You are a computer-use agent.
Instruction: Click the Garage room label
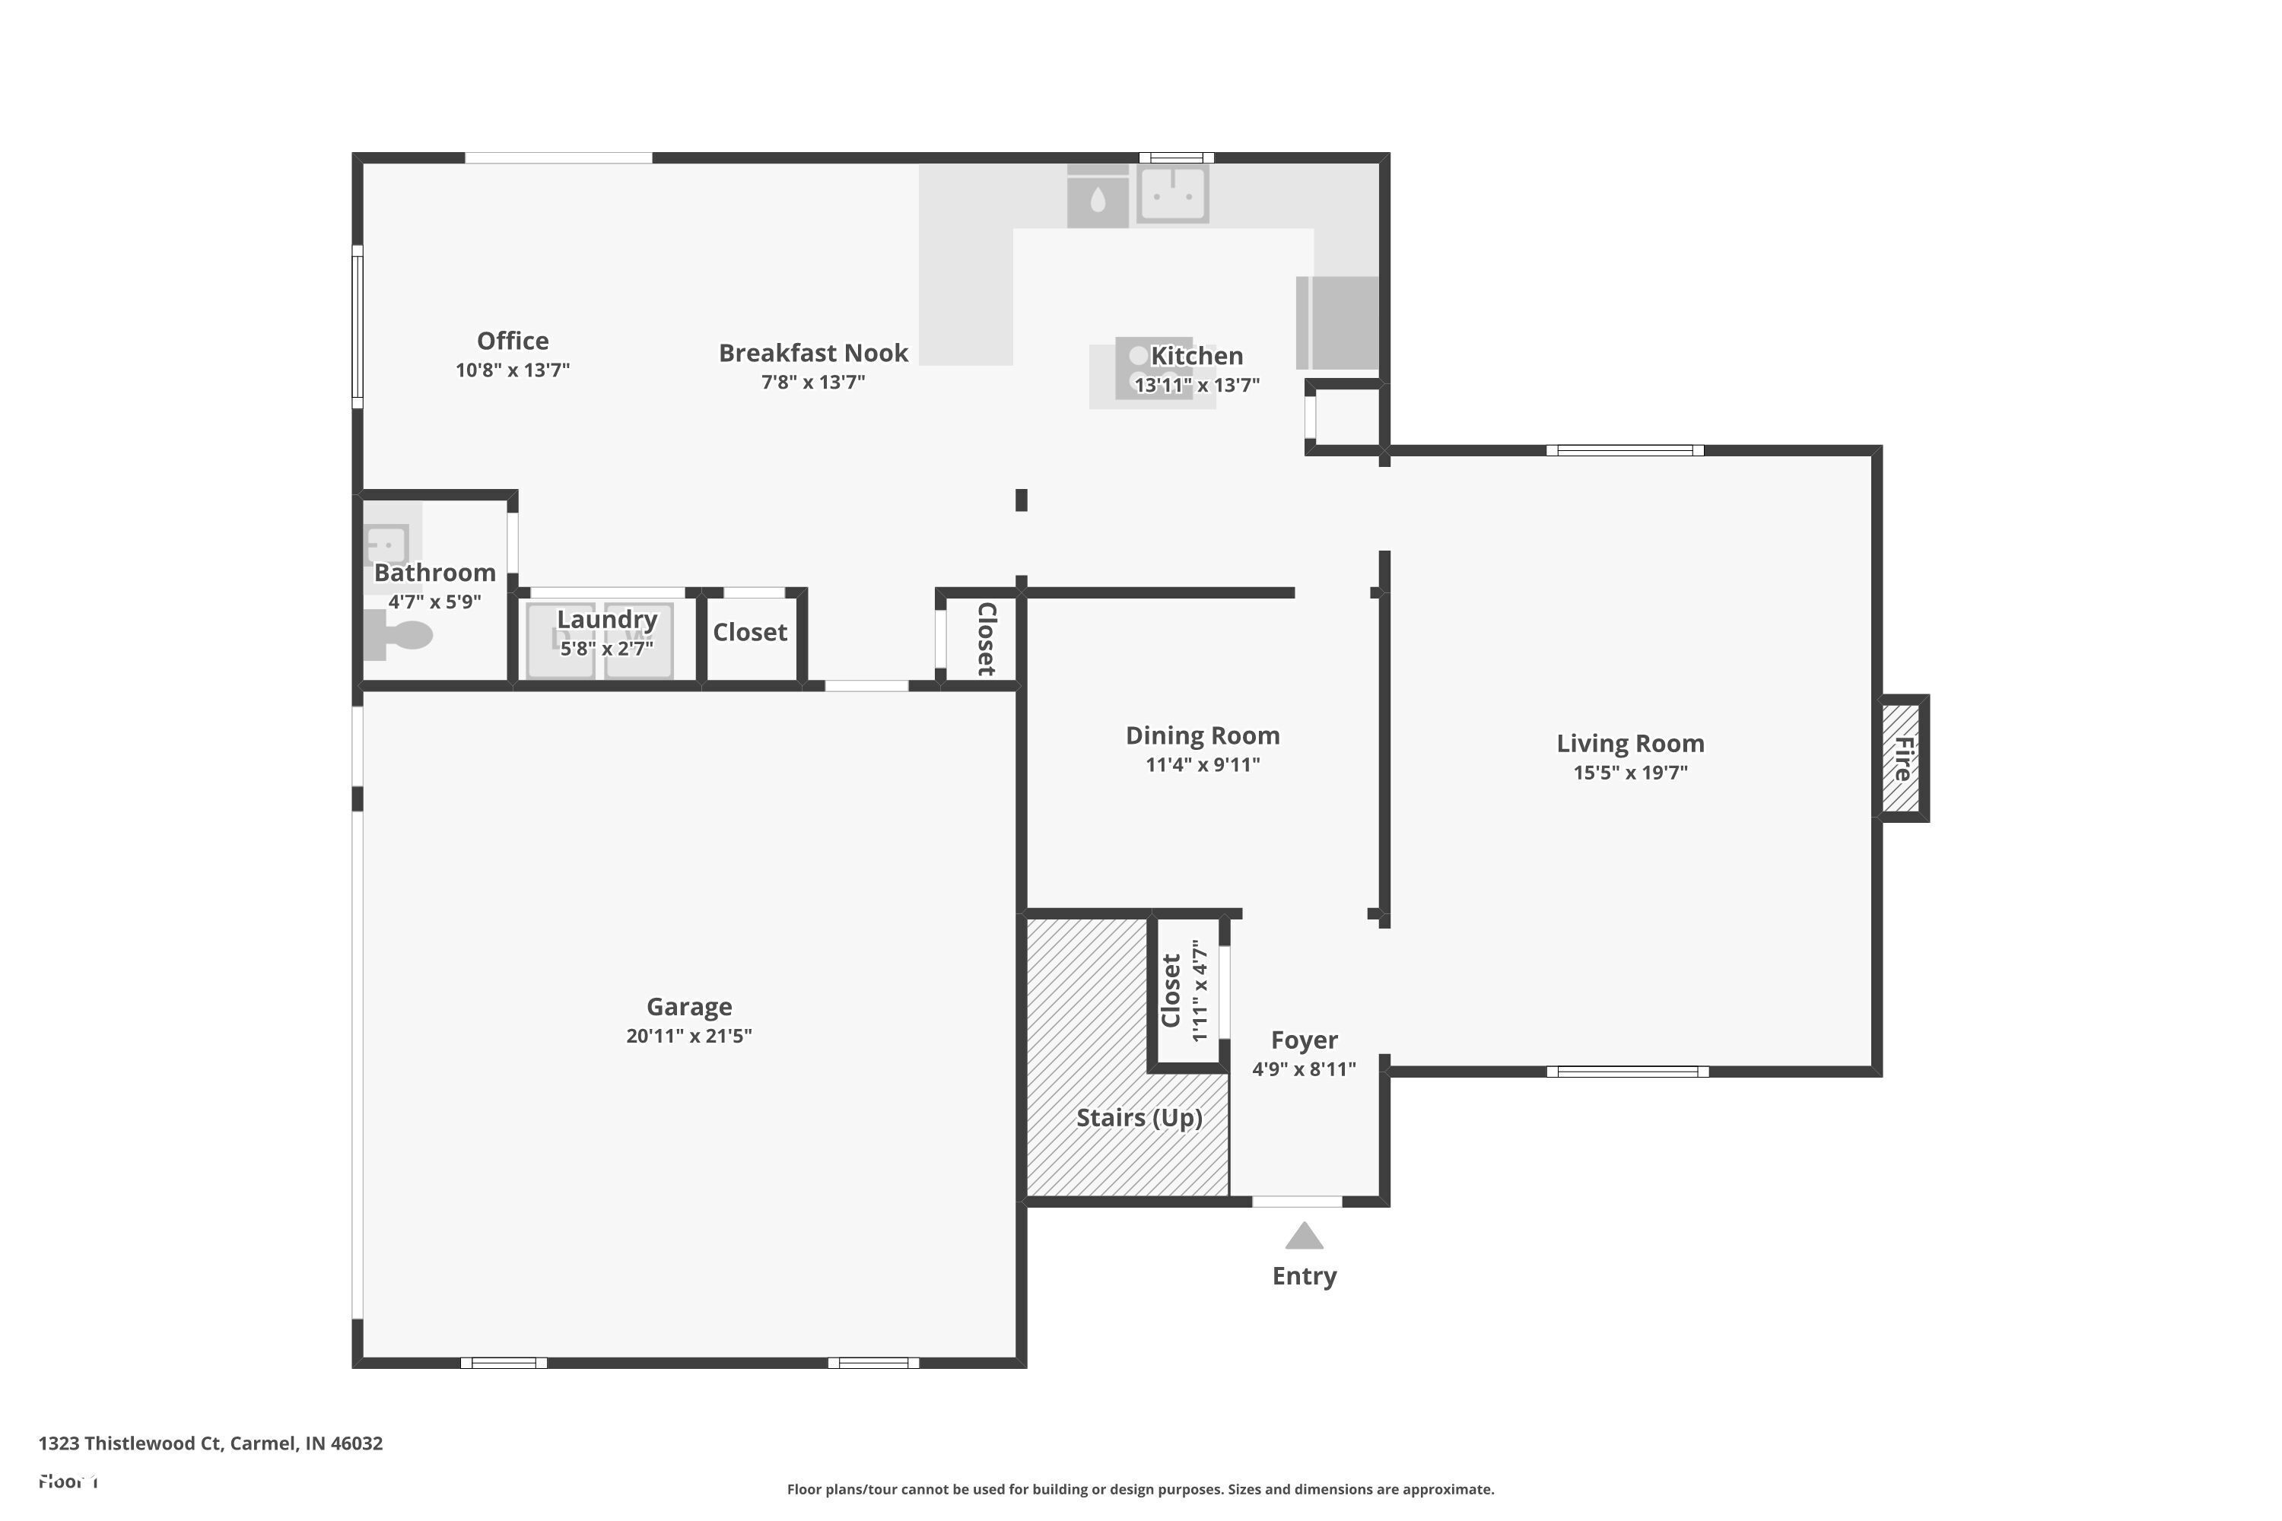click(689, 1007)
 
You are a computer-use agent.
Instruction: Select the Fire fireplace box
click(1902, 758)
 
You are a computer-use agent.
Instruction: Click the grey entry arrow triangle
click(1304, 1237)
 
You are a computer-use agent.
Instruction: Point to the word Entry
click(1304, 1277)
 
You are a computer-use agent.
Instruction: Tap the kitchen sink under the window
click(1173, 193)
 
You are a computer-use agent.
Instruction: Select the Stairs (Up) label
click(1139, 1119)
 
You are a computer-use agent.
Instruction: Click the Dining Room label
click(1202, 736)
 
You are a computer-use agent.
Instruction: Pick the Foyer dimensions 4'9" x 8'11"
click(1303, 1070)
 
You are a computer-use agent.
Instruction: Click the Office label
click(512, 341)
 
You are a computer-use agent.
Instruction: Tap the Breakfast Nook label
click(813, 353)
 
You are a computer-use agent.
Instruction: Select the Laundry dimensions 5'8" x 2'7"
click(606, 648)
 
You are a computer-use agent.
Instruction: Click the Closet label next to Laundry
click(750, 633)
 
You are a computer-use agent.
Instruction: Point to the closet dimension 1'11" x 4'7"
click(1200, 990)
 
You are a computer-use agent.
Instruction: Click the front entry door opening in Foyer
click(1296, 1202)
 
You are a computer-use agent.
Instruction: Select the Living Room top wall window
click(1624, 450)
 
